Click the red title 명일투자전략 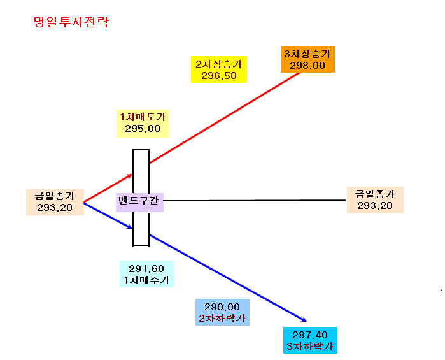tap(71, 22)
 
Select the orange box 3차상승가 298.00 tap(307, 59)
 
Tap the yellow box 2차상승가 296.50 tap(219, 69)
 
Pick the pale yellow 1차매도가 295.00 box tap(143, 124)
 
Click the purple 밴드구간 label tap(139, 203)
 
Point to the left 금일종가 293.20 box tap(55, 202)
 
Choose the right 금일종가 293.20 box tap(375, 200)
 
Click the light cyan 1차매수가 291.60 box tap(146, 274)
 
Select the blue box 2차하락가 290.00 tap(223, 312)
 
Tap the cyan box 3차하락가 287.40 tap(310, 340)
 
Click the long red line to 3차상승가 tap(225, 118)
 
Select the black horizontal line tap(255, 200)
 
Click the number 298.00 tap(307, 66)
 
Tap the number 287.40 tap(310, 335)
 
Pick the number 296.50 tap(219, 76)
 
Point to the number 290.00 tap(222, 306)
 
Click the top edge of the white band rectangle tap(141, 150)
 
